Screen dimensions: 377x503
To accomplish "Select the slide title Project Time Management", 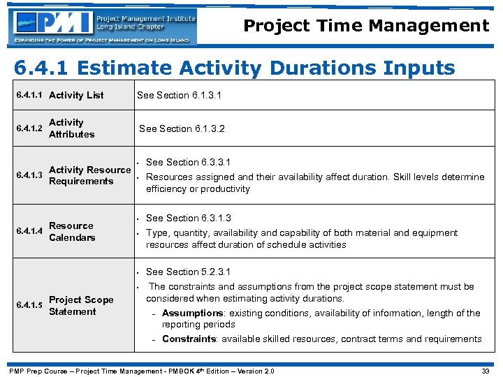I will click(x=366, y=27).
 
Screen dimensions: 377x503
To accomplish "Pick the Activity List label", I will click(x=76, y=95).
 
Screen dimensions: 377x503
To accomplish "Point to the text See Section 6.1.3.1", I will click(x=179, y=95).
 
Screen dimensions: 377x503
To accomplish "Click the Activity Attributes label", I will click(x=71, y=128).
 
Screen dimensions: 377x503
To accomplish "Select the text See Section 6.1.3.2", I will click(x=182, y=128).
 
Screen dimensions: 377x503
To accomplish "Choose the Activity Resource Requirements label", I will click(x=89, y=175).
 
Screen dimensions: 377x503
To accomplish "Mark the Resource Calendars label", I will click(x=71, y=232).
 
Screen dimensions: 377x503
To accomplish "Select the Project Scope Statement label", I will click(x=81, y=306).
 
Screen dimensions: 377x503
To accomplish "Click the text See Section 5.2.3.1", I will click(x=188, y=272).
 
